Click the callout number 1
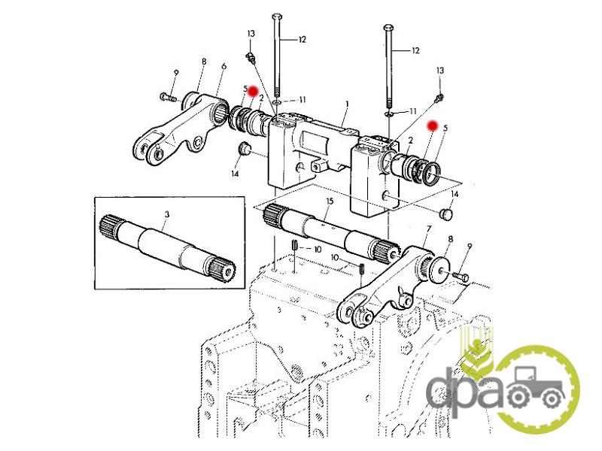[347, 104]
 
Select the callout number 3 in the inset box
[166, 214]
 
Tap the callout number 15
[330, 201]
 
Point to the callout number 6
[223, 66]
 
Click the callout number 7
[429, 229]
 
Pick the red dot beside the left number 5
[253, 91]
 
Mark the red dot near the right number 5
[433, 126]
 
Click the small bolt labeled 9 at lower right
[461, 275]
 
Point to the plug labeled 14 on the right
[445, 213]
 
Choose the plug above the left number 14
[243, 148]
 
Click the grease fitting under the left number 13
[251, 59]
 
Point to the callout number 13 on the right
[440, 71]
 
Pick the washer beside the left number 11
[277, 102]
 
